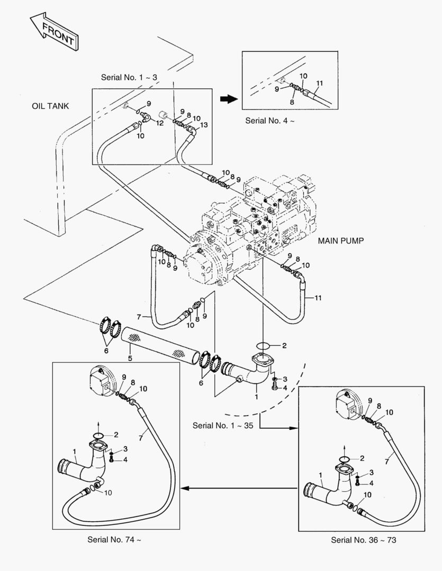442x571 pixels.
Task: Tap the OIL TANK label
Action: point(50,106)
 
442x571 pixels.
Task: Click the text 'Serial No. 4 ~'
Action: point(269,121)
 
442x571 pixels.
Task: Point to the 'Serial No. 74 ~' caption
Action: point(114,540)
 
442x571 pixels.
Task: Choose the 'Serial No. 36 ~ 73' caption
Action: point(364,540)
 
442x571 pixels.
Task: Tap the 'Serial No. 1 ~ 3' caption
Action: point(129,77)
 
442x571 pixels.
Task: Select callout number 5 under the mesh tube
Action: point(130,359)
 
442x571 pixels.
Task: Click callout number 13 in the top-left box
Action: point(204,125)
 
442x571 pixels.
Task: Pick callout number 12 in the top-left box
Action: point(159,123)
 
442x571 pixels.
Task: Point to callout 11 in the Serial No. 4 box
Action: point(319,84)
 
